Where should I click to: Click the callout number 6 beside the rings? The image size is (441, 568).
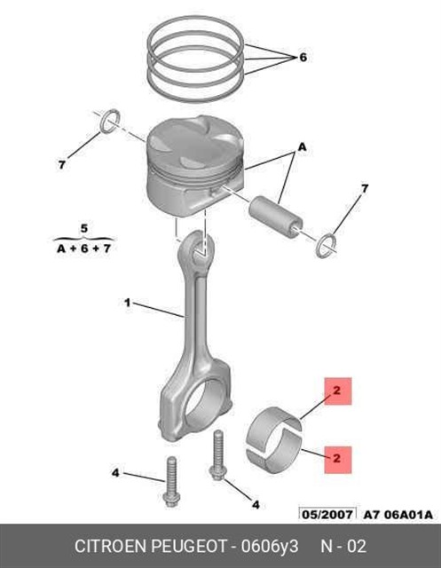click(303, 57)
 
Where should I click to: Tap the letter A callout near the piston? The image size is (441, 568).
click(302, 147)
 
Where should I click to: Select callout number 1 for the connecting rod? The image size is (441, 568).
click(127, 302)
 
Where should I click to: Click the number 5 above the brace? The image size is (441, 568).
click(84, 229)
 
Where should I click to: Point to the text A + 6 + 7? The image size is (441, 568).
click(83, 248)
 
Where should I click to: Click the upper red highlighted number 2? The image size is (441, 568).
click(337, 390)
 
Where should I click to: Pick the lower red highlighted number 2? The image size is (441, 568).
click(337, 459)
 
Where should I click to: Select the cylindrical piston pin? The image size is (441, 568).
click(276, 217)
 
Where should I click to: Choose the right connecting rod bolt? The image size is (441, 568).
click(217, 455)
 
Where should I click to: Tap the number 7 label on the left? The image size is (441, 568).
click(62, 165)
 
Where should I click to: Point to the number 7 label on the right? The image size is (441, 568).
click(365, 188)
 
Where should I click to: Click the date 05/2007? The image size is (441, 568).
click(327, 515)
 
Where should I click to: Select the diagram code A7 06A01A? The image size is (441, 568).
click(398, 515)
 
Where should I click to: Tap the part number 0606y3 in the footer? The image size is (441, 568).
click(270, 547)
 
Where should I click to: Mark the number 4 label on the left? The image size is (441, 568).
click(115, 473)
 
